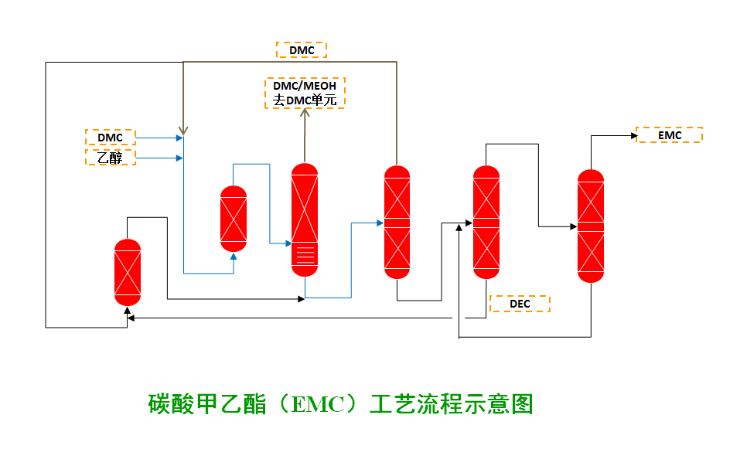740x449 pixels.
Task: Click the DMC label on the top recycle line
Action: tap(302, 50)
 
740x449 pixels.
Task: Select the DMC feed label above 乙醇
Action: tap(110, 138)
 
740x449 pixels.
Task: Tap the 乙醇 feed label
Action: tap(110, 158)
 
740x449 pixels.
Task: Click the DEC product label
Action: tap(520, 304)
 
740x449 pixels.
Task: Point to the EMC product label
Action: tap(670, 135)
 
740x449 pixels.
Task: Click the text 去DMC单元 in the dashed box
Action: tap(305, 100)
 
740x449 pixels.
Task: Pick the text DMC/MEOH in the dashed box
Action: tap(305, 87)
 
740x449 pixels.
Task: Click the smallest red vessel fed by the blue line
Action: tap(234, 218)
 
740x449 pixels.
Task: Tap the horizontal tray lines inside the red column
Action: tap(305, 252)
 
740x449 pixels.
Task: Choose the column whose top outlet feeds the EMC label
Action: tap(591, 226)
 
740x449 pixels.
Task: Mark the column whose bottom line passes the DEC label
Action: tap(486, 222)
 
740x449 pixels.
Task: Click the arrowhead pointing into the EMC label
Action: tap(632, 136)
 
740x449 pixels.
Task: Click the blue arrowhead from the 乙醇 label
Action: tap(180, 158)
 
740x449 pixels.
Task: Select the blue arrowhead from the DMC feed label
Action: tap(180, 138)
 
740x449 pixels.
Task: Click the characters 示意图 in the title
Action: tap(503, 404)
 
